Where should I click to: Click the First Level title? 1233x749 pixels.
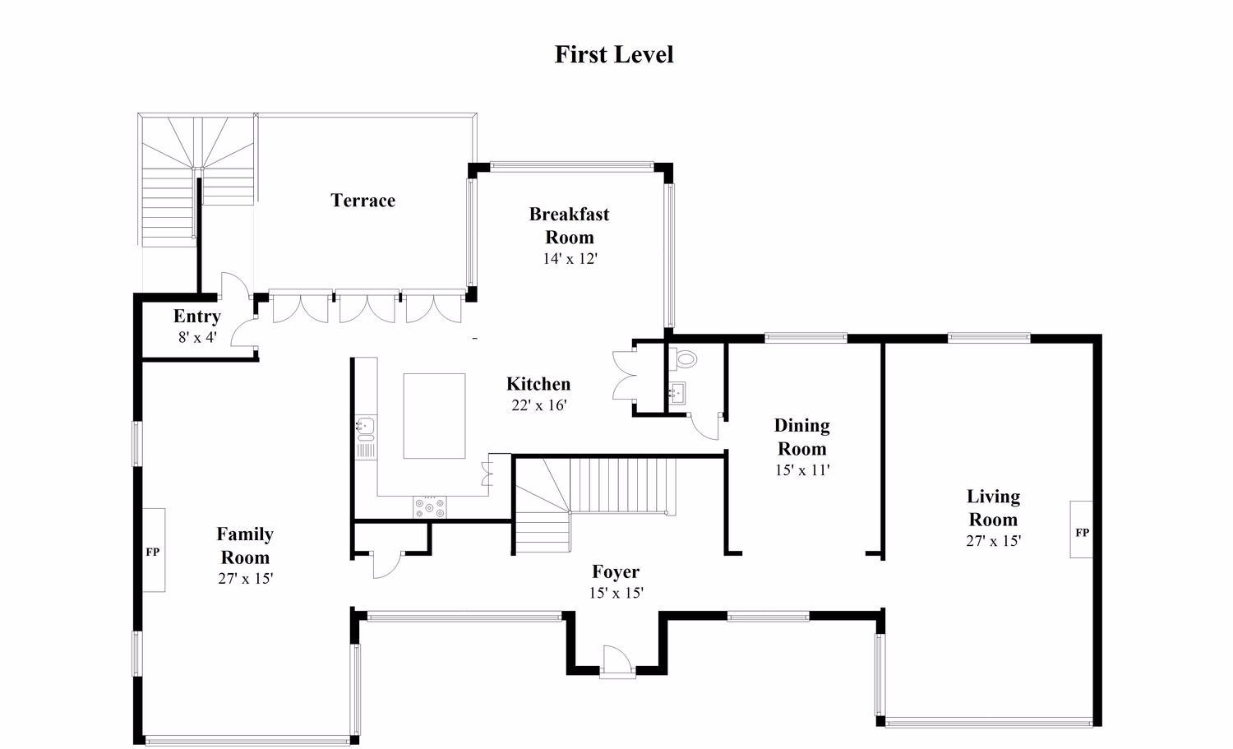[x=614, y=54]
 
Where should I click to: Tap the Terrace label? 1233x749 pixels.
[x=363, y=200]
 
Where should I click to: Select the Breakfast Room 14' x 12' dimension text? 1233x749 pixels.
[x=570, y=258]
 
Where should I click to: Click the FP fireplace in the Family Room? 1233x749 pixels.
[x=154, y=550]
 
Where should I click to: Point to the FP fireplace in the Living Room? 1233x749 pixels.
[x=1081, y=529]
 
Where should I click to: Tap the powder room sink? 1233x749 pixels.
[x=677, y=393]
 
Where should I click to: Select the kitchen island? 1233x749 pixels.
[x=434, y=416]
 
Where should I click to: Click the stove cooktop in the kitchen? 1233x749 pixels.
[x=430, y=507]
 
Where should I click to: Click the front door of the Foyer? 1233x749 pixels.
[x=616, y=661]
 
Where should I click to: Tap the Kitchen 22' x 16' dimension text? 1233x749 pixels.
[x=539, y=405]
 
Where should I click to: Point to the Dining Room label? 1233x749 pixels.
[x=802, y=437]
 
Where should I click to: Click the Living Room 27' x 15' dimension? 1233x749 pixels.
[x=994, y=541]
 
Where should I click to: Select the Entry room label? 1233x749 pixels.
[x=197, y=317]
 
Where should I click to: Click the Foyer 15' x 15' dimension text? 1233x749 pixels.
[x=616, y=593]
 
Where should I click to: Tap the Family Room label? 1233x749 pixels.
[x=245, y=545]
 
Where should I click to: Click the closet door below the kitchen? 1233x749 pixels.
[x=387, y=564]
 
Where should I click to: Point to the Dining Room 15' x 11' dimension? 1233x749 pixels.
[x=802, y=470]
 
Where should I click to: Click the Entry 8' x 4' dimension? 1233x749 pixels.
[x=197, y=338]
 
